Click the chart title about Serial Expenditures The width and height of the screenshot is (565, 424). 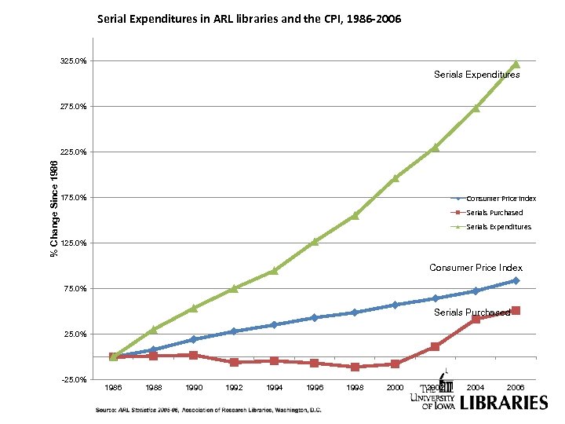[x=249, y=17]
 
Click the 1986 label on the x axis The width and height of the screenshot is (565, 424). [x=114, y=388]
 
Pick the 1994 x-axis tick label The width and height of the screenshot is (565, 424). [x=275, y=388]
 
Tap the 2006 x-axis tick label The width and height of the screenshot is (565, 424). [x=516, y=388]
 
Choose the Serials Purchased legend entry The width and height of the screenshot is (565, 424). [x=494, y=213]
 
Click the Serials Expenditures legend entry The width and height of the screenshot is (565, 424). [x=498, y=227]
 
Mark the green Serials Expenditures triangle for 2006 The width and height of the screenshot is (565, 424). [x=516, y=64]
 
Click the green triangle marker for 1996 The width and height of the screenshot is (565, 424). [x=315, y=241]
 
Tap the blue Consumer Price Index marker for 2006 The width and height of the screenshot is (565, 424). [x=516, y=280]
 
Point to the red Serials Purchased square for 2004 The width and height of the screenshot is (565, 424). [x=476, y=319]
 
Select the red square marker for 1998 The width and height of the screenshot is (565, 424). [x=355, y=367]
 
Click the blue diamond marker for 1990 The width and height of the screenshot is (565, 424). [x=194, y=339]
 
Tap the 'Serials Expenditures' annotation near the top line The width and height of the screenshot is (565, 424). [x=476, y=75]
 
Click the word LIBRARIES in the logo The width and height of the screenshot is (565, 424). [x=503, y=403]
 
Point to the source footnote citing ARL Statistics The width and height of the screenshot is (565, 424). [x=208, y=410]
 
